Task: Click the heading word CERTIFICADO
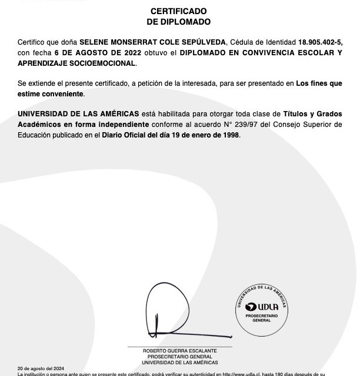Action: (178, 11)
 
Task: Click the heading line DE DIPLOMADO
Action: (178, 22)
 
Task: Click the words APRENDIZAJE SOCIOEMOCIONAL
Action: (76, 63)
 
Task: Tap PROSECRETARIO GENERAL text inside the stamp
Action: (261, 318)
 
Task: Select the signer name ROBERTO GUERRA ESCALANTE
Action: (180, 351)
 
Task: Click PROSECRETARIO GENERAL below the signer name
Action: (180, 356)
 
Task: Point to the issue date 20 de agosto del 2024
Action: (38, 368)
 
